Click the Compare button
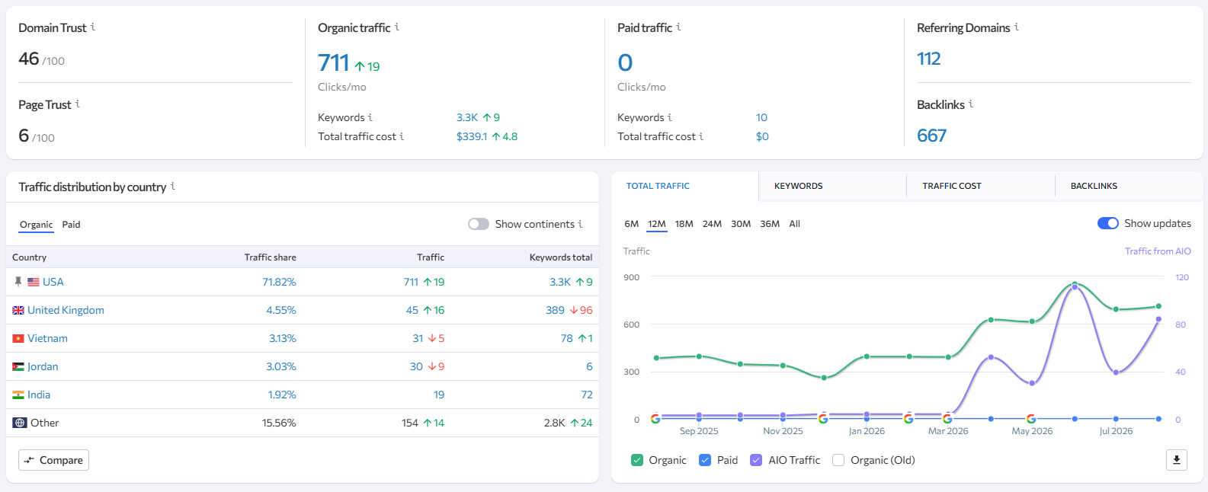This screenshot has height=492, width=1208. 53,460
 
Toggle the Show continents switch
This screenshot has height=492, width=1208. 479,224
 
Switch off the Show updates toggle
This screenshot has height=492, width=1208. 1107,224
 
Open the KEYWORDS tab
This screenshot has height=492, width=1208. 798,186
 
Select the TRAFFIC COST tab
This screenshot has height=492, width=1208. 952,186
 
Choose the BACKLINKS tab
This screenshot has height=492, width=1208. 1094,186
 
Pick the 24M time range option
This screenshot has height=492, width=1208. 712,224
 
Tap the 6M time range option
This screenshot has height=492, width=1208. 632,224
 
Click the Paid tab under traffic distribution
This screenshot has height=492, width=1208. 71,224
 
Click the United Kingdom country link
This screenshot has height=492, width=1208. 66,310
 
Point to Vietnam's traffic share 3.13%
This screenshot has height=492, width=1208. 283,338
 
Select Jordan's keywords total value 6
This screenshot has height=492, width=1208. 589,366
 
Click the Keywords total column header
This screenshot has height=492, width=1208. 561,257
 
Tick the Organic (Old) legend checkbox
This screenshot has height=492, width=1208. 838,460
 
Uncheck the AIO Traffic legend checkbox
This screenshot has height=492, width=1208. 756,460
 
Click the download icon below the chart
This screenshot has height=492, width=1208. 1177,460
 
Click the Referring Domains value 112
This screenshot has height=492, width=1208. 928,58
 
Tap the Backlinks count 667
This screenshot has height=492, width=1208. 931,136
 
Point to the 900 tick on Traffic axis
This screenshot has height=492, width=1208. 632,277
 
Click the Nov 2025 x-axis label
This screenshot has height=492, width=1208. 783,431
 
